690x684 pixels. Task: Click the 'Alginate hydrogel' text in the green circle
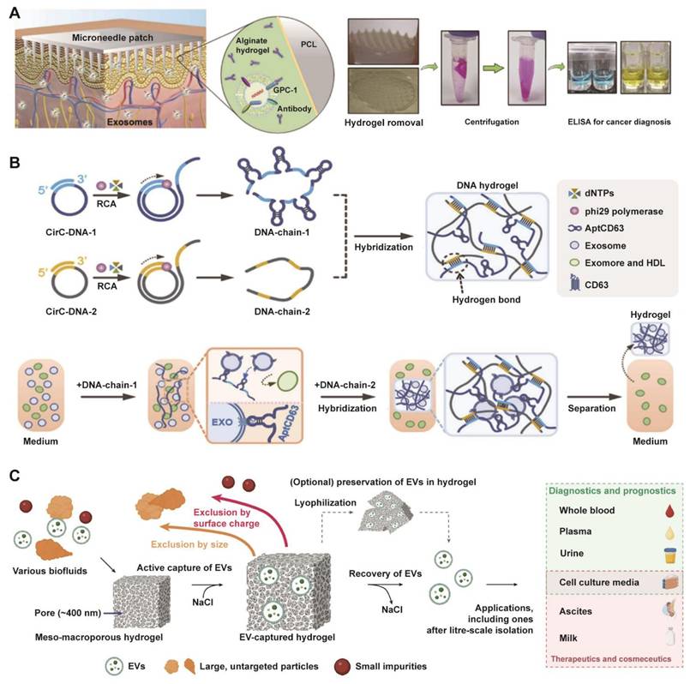(x=255, y=49)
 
